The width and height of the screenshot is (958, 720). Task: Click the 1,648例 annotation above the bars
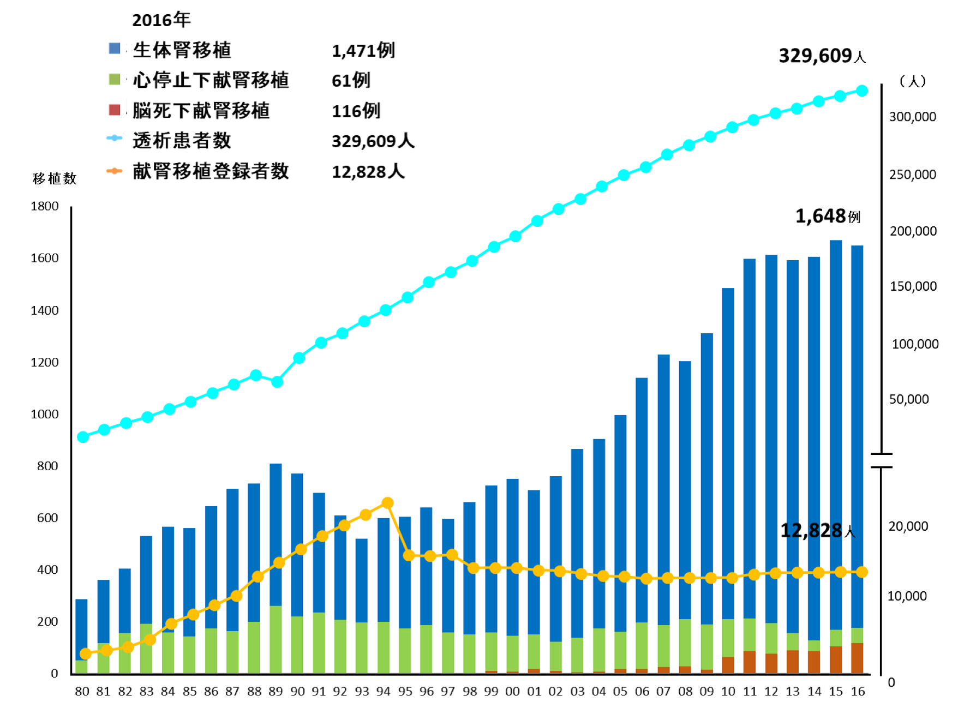click(827, 217)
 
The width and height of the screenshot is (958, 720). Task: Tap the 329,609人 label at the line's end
click(822, 56)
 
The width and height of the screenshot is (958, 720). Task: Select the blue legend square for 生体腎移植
click(115, 49)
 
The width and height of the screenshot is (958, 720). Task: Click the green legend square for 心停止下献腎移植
click(115, 80)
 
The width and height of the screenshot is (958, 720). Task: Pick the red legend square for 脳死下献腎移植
click(115, 110)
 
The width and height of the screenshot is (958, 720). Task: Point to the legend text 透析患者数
click(182, 141)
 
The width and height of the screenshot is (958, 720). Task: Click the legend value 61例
click(351, 81)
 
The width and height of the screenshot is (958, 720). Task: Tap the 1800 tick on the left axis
click(45, 206)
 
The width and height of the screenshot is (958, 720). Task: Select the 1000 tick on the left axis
click(45, 414)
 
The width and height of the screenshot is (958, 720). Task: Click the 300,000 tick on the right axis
click(912, 117)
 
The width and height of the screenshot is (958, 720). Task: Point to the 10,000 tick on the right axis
click(907, 596)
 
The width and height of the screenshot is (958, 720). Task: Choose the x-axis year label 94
click(384, 692)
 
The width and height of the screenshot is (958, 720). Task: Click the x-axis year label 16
click(858, 692)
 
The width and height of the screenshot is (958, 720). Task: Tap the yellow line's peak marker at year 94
click(387, 503)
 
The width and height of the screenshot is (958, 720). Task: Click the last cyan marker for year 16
click(862, 91)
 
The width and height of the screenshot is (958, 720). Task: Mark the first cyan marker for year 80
click(83, 437)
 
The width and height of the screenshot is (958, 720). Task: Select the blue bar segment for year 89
click(276, 535)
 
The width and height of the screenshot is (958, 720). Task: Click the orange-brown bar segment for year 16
click(857, 658)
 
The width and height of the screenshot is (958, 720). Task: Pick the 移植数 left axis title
click(55, 178)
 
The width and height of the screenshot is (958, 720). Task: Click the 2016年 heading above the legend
click(161, 20)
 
